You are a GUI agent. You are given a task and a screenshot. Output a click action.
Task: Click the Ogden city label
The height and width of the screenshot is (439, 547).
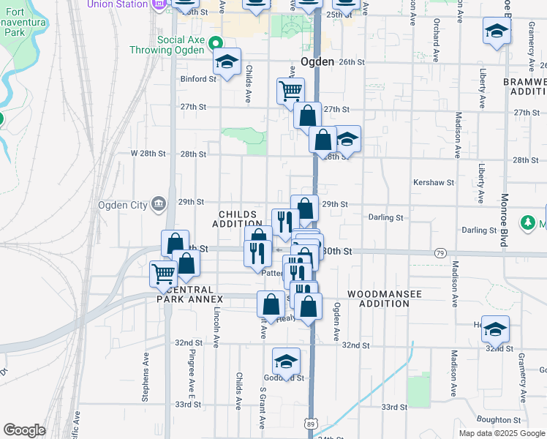317,62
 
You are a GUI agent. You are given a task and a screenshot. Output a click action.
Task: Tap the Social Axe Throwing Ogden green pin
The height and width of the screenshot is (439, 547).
215,43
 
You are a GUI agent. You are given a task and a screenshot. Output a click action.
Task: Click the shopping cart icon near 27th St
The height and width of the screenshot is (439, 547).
290,90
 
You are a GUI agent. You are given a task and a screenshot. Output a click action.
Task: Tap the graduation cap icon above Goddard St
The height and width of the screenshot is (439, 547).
287,361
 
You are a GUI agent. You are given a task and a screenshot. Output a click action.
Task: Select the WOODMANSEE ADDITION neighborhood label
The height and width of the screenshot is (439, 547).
384,298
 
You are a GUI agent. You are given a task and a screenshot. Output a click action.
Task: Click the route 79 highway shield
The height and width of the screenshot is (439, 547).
440,252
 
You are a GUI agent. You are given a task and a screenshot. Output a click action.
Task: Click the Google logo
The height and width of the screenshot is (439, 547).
24,430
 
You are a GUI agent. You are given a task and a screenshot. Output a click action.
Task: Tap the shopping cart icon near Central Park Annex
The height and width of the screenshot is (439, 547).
163,274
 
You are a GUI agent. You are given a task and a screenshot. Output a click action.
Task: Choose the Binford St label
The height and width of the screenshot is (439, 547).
195,78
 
